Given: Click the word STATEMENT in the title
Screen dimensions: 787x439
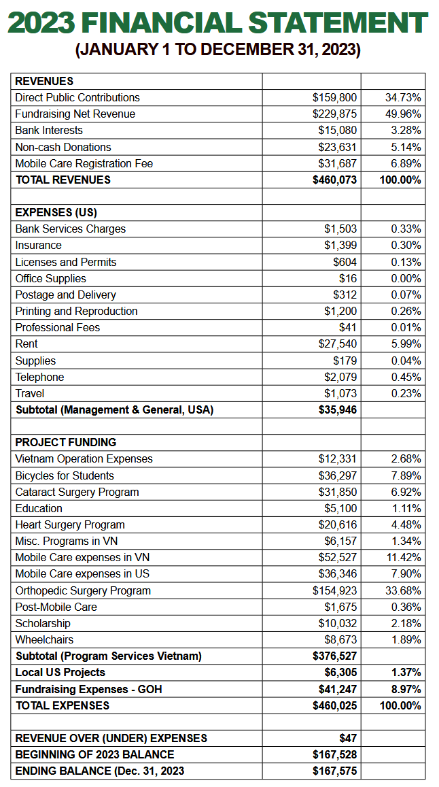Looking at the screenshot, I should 338,23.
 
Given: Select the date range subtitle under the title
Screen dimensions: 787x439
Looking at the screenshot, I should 218,50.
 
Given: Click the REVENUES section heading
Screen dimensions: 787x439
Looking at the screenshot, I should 44,81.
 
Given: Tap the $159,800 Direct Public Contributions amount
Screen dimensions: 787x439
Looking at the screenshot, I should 334,97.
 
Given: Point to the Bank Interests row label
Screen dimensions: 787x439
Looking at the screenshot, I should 49,131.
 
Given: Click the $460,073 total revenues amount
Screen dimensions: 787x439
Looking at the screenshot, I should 334,180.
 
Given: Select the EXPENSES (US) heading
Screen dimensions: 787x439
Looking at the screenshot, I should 56,213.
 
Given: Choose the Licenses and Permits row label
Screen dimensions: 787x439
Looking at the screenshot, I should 66,263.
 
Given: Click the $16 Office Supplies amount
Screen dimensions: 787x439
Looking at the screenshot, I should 348,279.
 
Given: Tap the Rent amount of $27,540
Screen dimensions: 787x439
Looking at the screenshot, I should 338,344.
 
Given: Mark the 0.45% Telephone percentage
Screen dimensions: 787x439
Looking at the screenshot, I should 406,378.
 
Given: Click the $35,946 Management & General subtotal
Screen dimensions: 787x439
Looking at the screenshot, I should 338,410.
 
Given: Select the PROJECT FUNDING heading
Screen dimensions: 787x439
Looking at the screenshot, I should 66,443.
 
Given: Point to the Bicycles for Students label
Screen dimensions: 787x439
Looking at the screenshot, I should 65,476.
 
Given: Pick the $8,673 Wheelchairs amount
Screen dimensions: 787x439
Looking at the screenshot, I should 340,640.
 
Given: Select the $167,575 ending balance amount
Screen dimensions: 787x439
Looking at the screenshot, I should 334,771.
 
